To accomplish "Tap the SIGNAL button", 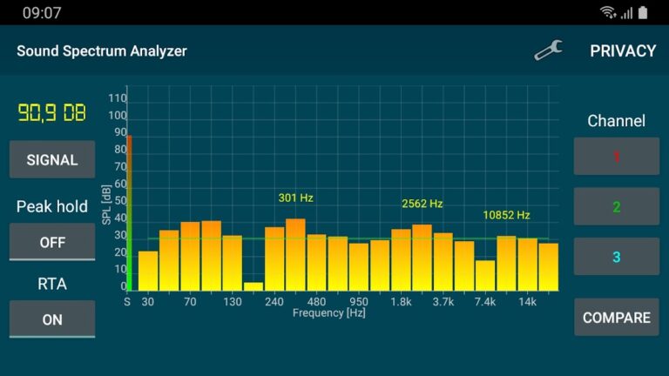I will pos(52,160).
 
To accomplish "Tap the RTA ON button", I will pos(52,319).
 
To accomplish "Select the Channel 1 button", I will pos(616,157).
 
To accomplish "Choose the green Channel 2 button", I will pos(616,207).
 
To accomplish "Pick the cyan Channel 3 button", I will pos(616,257).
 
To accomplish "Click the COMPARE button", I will pos(616,318).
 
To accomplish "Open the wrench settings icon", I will pos(548,51).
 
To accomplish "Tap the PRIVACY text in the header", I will pos(623,51).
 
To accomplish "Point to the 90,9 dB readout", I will pos(52,112).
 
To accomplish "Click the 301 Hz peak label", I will pos(295,198).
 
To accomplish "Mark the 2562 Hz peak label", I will pos(422,204).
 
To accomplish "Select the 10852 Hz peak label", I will pos(506,214).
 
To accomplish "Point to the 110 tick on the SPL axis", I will pos(118,99).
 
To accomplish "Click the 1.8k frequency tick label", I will pos(401,302).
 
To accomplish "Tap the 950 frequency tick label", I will pos(359,302).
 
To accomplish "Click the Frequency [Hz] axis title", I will pos(328,312).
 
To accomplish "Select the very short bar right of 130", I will pos(253,286).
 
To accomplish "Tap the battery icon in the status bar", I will pos(643,12).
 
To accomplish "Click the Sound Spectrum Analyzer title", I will pos(102,51).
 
